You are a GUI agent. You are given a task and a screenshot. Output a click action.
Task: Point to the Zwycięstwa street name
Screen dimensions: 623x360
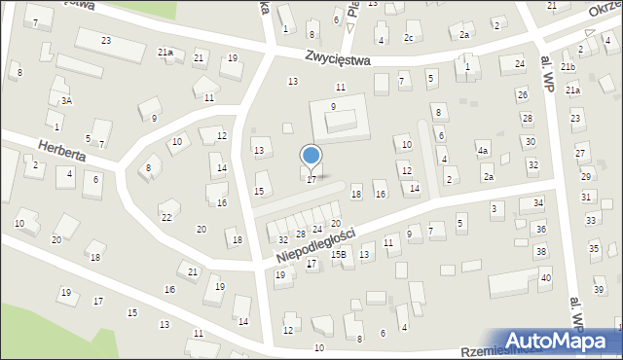tap(338, 58)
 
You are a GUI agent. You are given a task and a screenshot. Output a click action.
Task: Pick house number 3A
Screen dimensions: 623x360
tap(66, 100)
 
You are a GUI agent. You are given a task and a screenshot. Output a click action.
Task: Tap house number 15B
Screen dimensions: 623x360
tap(338, 254)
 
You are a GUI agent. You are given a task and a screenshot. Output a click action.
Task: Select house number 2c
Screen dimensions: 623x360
tap(409, 38)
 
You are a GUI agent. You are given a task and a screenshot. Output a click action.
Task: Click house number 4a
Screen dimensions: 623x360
tap(482, 151)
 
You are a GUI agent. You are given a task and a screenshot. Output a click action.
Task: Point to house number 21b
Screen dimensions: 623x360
tap(568, 66)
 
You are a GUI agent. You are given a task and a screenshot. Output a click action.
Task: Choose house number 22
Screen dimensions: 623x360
tap(166, 217)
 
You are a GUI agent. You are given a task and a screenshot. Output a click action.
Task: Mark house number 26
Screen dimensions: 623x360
tap(522, 94)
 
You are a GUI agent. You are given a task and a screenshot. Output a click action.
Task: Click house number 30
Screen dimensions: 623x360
tap(531, 141)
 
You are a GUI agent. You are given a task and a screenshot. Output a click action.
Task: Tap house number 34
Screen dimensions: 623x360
tap(538, 203)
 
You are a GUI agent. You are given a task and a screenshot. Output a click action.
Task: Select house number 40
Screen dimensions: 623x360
tap(545, 278)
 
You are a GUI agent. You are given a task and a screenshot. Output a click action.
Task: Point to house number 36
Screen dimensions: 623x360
tap(540, 229)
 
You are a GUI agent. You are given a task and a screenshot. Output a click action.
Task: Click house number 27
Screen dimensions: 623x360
tap(580, 154)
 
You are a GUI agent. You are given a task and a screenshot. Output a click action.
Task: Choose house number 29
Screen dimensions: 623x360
tap(585, 176)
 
